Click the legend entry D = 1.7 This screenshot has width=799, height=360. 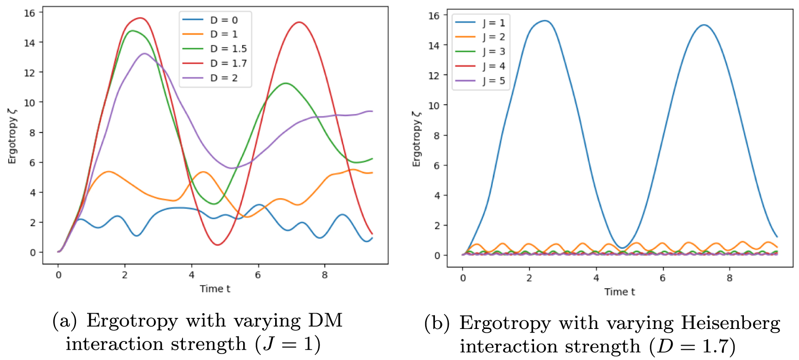pos(214,63)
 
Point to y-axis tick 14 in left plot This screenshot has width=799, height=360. pos(30,43)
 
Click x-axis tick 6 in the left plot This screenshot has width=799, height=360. pos(258,275)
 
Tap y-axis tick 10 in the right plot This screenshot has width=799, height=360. pos(434,105)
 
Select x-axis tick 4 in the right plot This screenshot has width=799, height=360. pos(596,278)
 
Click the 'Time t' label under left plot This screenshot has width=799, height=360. pos(215,289)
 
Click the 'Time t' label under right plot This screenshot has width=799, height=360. pos(620,291)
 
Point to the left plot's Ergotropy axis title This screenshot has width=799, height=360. pos(12,135)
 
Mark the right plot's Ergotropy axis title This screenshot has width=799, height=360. pos(417,138)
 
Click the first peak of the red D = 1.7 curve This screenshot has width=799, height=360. pos(140,18)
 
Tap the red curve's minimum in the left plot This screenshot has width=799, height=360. pos(218,245)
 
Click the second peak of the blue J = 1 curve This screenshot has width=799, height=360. pos(704,25)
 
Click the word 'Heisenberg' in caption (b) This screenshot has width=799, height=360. pos(730,323)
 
